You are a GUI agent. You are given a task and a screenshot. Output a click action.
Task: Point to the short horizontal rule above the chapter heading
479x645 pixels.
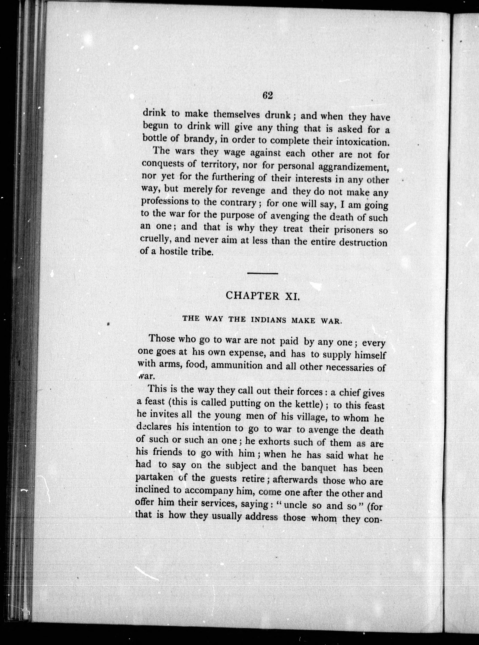(x=263, y=273)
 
